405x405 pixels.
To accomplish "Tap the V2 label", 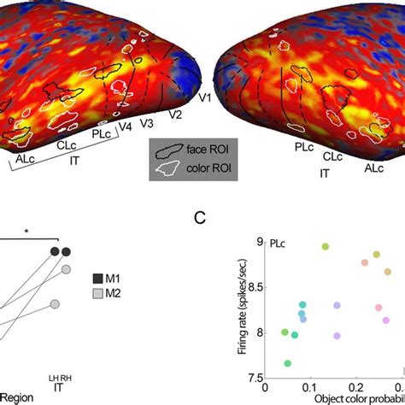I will [x=175, y=114].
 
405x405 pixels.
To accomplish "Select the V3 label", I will [x=149, y=124].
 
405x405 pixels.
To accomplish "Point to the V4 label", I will [x=126, y=129].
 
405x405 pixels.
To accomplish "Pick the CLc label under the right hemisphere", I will [x=333, y=157].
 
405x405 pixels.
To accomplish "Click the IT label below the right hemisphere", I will [x=325, y=173].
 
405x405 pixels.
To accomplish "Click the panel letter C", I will [x=198, y=219].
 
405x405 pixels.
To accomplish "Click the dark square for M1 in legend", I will [x=97, y=278].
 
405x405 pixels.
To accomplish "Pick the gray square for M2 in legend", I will [x=97, y=296].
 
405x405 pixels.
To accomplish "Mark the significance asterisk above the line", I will [x=27, y=232].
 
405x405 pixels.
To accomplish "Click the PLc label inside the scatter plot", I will [x=278, y=244].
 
